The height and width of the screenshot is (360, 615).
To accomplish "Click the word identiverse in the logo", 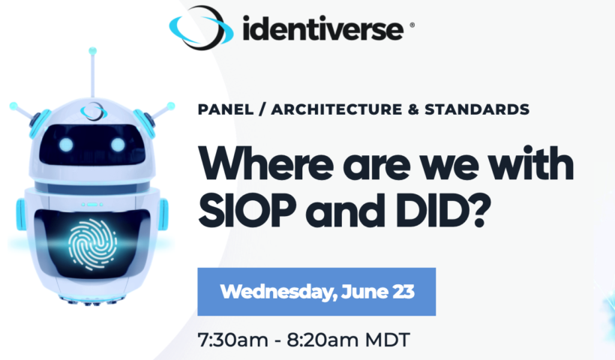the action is (322, 28).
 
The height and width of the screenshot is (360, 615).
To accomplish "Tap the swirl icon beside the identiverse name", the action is (201, 28).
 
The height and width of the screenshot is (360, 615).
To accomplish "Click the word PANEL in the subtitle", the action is (226, 109).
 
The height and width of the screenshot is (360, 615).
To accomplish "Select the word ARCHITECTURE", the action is (337, 109).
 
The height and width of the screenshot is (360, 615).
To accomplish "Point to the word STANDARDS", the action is (477, 109).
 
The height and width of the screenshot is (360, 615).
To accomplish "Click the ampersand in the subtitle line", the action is (413, 109).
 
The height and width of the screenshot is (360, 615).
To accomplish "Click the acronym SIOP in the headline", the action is (247, 211).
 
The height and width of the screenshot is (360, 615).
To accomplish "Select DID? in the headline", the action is (443, 211).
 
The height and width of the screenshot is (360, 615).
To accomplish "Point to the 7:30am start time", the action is (233, 340).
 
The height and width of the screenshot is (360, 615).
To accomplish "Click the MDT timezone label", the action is (388, 340).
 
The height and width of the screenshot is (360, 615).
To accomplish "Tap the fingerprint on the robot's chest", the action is (92, 244).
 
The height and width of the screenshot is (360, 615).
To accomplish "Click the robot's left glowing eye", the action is (66, 145).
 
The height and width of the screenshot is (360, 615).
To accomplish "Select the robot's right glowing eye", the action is (118, 145).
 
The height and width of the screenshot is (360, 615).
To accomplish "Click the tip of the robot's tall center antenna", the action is (92, 50).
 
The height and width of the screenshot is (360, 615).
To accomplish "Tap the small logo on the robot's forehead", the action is (94, 111).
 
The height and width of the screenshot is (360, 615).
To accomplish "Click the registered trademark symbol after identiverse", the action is (412, 25).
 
